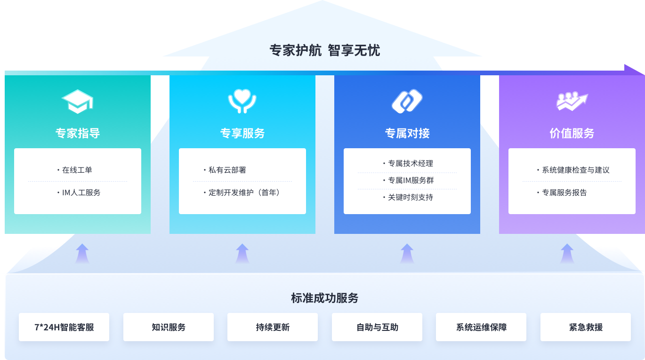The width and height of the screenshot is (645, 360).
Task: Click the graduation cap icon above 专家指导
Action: click(78, 101)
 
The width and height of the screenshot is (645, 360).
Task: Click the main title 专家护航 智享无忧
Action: click(324, 50)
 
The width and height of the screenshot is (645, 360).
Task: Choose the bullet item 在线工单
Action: click(77, 170)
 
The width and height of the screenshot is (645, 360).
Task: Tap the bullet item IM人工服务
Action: click(81, 192)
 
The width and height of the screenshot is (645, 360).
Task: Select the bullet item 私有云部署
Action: click(227, 170)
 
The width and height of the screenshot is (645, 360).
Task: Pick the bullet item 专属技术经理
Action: click(410, 163)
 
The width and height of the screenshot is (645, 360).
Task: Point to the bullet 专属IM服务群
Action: click(411, 180)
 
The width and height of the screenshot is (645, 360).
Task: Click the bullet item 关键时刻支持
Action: click(410, 197)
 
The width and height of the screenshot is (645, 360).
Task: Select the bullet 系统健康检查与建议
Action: click(575, 170)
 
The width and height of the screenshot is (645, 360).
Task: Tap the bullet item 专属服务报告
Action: click(564, 192)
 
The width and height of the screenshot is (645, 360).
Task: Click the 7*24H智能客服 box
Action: click(64, 327)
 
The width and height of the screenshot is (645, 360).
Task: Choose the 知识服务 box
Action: click(169, 327)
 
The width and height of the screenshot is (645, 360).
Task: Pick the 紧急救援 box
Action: click(586, 327)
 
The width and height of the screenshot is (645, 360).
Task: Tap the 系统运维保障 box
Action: click(481, 327)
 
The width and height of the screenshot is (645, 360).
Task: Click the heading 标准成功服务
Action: click(324, 298)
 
